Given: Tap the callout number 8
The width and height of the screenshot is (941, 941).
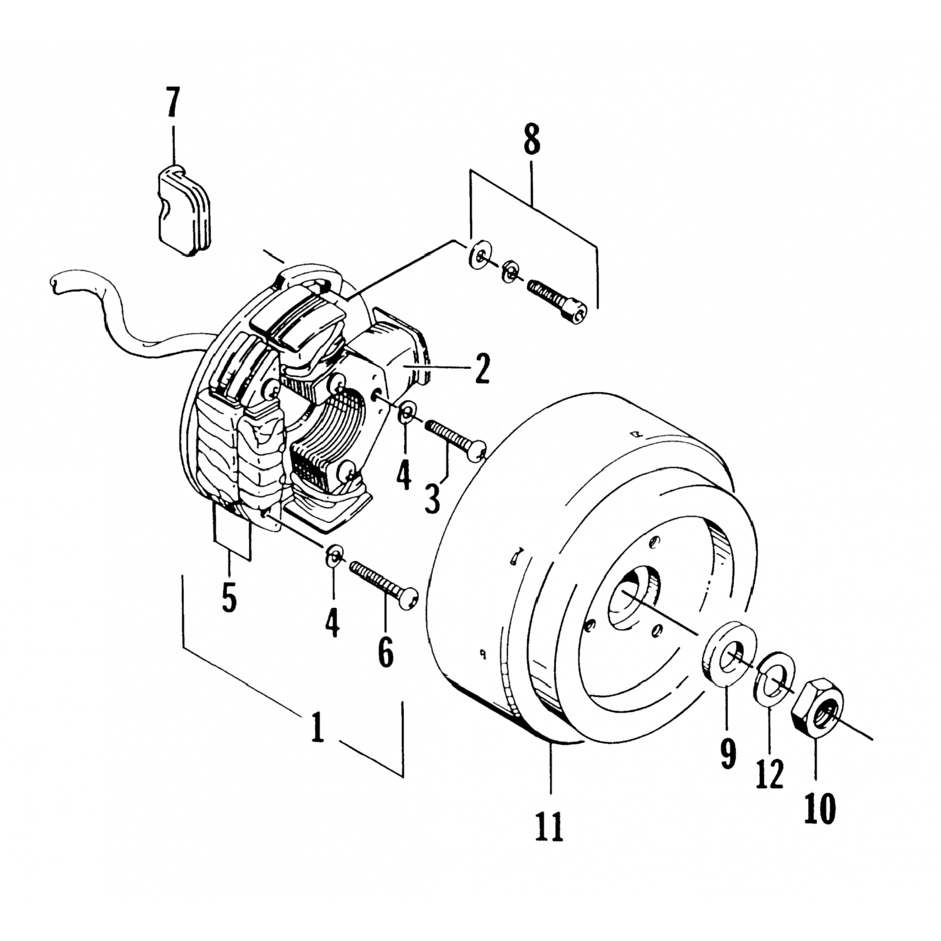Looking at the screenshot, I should point(531,141).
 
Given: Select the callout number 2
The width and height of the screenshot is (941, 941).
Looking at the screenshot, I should point(482,369).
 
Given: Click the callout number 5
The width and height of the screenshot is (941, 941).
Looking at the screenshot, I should point(229,597).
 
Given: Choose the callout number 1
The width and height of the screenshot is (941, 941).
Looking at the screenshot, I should point(318,729).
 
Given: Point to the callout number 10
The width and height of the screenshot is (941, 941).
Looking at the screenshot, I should point(819,809).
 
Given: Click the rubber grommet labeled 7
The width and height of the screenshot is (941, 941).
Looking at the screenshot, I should point(183,210).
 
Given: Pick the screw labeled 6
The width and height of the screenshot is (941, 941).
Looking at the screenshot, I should point(383,584).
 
